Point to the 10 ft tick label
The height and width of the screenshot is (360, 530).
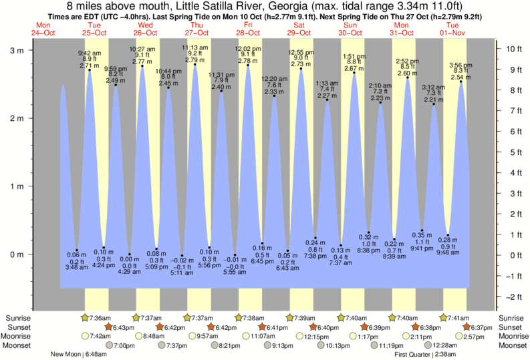pyautogui.click(x=513, y=49)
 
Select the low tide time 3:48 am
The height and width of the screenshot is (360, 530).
pyautogui.click(x=78, y=267)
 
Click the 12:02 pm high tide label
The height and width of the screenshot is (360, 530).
pyautogui.click(x=248, y=49)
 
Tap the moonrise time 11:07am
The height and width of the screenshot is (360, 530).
pyautogui.click(x=262, y=336)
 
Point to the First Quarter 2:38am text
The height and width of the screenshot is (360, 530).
pyautogui.click(x=424, y=354)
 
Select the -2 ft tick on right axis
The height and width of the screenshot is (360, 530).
pyautogui.click(x=513, y=296)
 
